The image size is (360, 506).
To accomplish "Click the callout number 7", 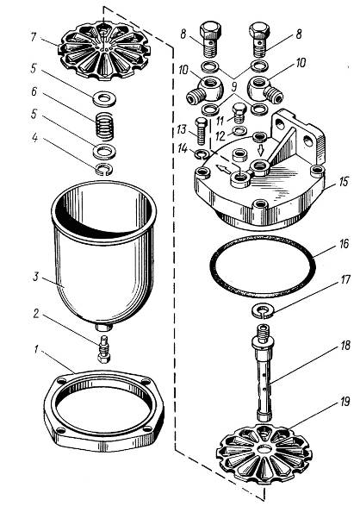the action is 34,36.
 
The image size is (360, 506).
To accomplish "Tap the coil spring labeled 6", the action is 105,126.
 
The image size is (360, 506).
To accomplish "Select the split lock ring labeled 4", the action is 104,169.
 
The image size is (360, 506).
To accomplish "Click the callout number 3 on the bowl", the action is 36,277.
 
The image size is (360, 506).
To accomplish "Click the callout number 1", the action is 37,350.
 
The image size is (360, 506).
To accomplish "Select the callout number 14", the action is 183,149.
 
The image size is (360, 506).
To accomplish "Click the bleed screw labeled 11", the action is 239,113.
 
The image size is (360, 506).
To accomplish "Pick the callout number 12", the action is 220,136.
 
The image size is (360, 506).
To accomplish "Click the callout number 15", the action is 344,182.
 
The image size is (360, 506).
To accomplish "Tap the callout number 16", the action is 344,244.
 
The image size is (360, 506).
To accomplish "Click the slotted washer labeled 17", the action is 263,311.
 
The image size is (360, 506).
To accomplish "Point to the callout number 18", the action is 344,346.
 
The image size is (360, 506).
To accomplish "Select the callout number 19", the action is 344,402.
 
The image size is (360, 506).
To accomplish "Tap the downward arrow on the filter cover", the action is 261,150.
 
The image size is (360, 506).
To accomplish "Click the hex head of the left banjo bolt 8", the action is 210,29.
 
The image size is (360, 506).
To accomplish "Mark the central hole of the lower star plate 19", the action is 264,449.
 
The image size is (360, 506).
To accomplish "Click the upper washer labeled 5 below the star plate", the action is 104,99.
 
